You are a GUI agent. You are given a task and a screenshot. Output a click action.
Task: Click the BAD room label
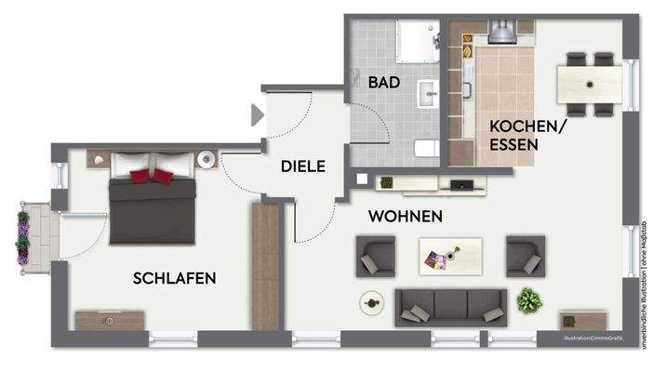(x=383, y=82)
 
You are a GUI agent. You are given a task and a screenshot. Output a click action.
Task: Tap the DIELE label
(x=303, y=167)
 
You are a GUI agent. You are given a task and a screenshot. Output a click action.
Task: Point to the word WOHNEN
(x=405, y=216)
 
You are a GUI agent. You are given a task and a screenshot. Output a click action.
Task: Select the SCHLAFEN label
(x=175, y=277)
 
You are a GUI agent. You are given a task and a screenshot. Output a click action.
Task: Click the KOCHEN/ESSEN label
(x=526, y=135)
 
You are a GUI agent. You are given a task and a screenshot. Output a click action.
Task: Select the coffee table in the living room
(x=450, y=254)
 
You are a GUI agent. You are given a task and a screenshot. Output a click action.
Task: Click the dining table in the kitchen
(x=591, y=84)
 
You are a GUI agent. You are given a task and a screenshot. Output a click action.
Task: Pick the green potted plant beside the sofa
(x=529, y=299)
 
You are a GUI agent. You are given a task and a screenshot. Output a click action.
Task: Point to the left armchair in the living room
(x=376, y=255)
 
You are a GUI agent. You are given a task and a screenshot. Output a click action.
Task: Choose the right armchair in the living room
(x=524, y=255)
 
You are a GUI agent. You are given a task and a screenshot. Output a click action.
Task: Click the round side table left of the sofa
(x=372, y=302)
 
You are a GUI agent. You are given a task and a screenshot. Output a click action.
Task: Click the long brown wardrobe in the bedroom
(x=265, y=266)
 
